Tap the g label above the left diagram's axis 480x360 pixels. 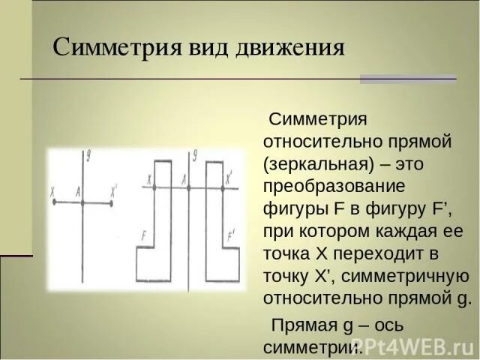click(x=88, y=156)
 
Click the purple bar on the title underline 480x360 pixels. click(x=408, y=78)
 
